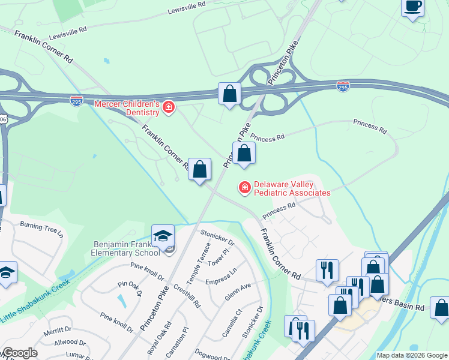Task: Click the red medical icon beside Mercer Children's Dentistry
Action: click(169, 108)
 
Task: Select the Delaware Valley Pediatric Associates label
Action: click(292, 188)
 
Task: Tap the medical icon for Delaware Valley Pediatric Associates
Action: click(244, 188)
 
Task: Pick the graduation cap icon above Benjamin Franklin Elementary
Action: click(163, 236)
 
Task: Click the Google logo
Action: click(20, 352)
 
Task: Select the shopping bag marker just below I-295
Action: click(229, 94)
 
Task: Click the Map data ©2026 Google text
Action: click(412, 355)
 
